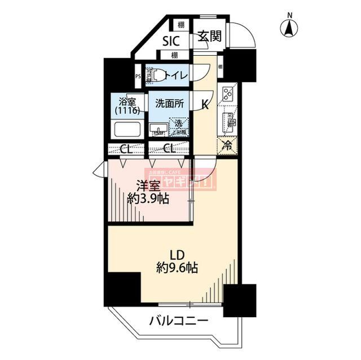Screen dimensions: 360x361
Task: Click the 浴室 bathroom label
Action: pos(127,103)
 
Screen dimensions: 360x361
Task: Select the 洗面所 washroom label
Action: pos(169,104)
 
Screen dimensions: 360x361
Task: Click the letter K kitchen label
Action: pos(206,104)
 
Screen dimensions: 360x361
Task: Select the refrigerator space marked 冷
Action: pos(228,145)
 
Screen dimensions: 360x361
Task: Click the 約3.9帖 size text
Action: pos(148,198)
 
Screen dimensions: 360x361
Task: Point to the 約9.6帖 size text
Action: pos(177,268)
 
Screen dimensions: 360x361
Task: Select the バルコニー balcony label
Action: pos(178,322)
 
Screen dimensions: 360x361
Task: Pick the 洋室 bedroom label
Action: pos(148,185)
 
